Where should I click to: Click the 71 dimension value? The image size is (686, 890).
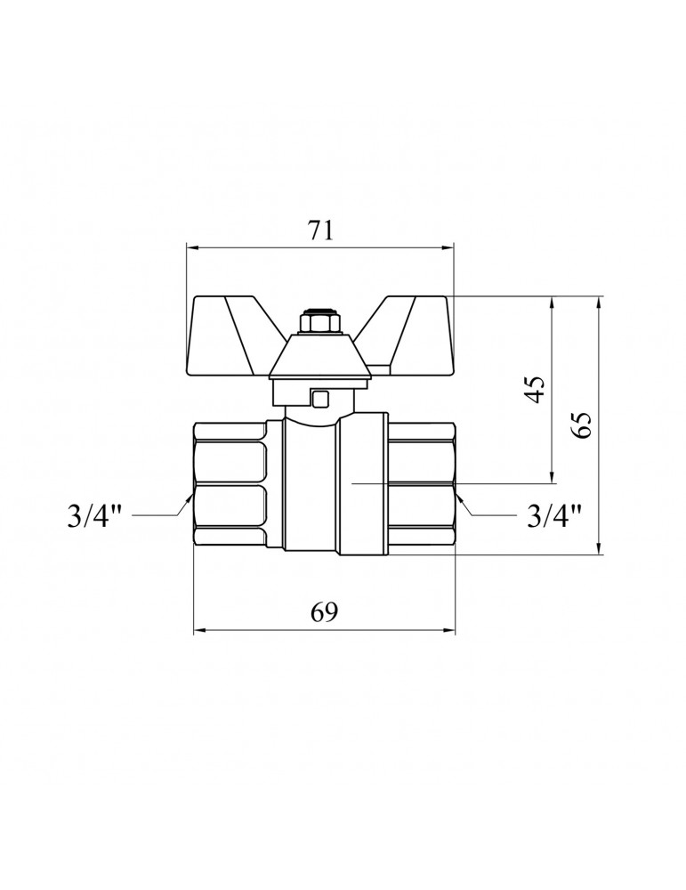tap(320, 231)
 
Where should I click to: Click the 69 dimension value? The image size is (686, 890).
tap(324, 612)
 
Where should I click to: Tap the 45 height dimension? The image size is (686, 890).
tap(535, 389)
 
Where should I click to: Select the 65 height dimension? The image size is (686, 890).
tap(582, 424)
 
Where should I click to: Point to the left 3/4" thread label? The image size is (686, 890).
tap(95, 516)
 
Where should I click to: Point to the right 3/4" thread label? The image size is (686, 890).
tap(554, 516)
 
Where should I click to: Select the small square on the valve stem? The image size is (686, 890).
tap(320, 399)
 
